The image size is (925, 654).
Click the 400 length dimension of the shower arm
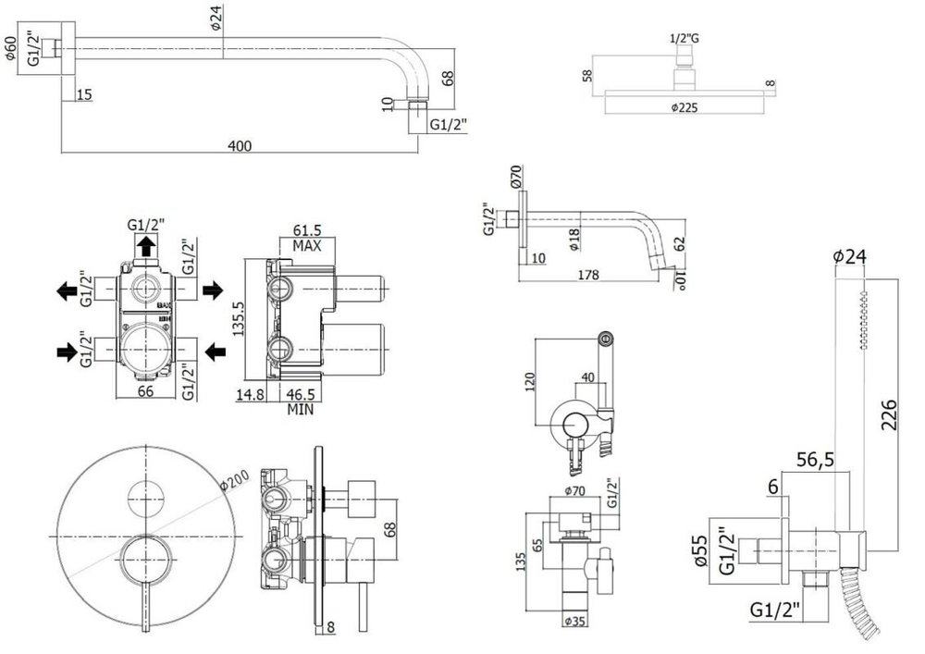point(240,146)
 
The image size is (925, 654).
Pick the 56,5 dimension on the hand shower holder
point(815,460)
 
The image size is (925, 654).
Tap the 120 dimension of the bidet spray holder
point(530,382)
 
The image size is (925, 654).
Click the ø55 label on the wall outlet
point(699,551)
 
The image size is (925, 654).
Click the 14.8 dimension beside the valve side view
point(250,394)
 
